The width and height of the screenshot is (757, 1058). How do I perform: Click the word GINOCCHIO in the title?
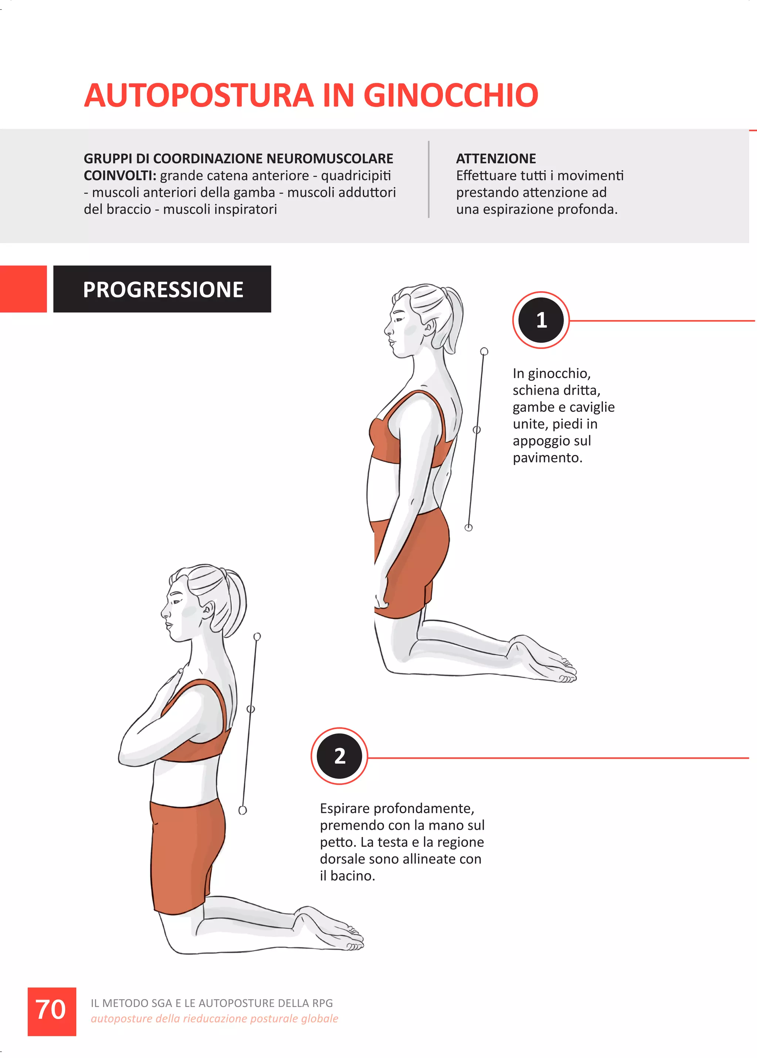[451, 95]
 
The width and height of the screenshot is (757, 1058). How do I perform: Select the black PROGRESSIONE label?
[162, 289]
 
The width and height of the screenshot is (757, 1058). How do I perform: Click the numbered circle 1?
[541, 320]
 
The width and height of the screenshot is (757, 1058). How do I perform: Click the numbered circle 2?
[339, 756]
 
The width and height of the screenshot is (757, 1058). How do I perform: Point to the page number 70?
[51, 1010]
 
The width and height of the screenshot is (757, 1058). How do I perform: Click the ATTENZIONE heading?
[496, 159]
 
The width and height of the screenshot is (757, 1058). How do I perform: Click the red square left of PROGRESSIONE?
[23, 289]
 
